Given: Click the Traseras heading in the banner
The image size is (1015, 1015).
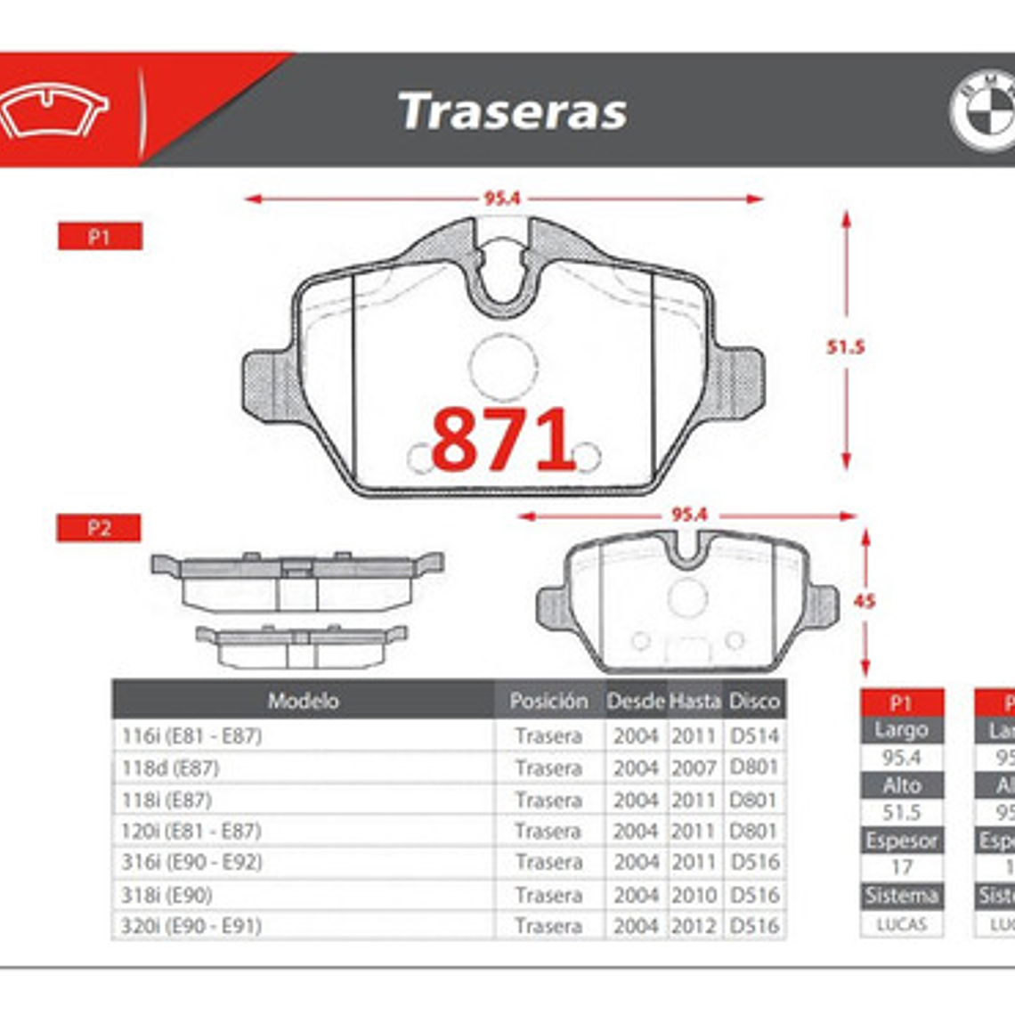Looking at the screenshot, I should click(x=513, y=111).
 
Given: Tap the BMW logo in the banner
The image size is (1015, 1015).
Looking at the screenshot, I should click(x=984, y=110).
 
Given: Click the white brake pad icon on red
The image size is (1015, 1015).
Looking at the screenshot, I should click(x=53, y=111).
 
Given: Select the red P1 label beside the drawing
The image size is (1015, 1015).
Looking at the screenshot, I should click(x=100, y=237).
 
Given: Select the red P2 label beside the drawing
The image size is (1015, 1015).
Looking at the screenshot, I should click(x=99, y=528).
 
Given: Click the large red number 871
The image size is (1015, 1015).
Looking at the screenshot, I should click(x=503, y=440).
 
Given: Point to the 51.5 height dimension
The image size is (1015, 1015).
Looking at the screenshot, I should click(x=845, y=346).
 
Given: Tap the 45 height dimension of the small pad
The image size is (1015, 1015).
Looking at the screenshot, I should click(x=864, y=601).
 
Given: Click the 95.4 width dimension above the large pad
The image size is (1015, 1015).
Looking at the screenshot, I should click(x=502, y=199).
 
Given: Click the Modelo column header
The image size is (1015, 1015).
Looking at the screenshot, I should click(x=303, y=701).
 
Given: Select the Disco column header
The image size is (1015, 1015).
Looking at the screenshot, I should click(x=754, y=701).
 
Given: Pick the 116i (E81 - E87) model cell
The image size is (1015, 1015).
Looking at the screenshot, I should click(x=191, y=735).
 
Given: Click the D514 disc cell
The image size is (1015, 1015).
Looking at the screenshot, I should click(x=754, y=735).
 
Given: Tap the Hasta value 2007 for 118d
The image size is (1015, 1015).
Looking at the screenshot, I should click(x=694, y=767).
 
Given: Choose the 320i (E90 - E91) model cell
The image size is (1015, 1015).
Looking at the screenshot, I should click(x=191, y=926).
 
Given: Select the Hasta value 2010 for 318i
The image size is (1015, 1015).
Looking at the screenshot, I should click(x=694, y=894).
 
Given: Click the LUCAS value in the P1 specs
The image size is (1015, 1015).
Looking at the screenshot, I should click(x=901, y=924).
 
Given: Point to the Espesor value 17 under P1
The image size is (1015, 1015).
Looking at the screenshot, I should click(x=901, y=866).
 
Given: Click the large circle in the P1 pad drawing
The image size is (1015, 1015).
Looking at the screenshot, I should click(x=504, y=366).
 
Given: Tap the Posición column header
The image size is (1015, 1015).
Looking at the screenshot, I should click(x=548, y=701).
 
